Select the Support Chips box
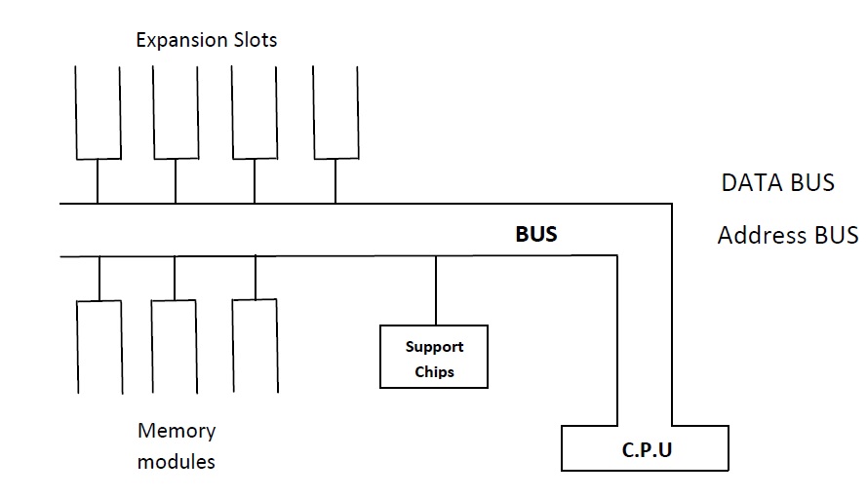click(x=434, y=358)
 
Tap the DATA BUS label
click(x=777, y=182)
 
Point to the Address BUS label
click(x=787, y=235)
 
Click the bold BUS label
click(x=536, y=234)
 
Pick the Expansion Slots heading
click(x=206, y=40)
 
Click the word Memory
click(x=177, y=430)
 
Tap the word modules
click(x=177, y=460)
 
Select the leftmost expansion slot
click(x=99, y=112)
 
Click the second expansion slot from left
click(x=177, y=112)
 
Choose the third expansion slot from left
click(x=256, y=112)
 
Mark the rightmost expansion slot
click(x=336, y=112)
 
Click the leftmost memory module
click(x=99, y=346)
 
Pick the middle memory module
click(x=175, y=346)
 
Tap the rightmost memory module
click(x=256, y=346)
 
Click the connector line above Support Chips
click(x=435, y=290)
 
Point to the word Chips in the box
click(x=434, y=371)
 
